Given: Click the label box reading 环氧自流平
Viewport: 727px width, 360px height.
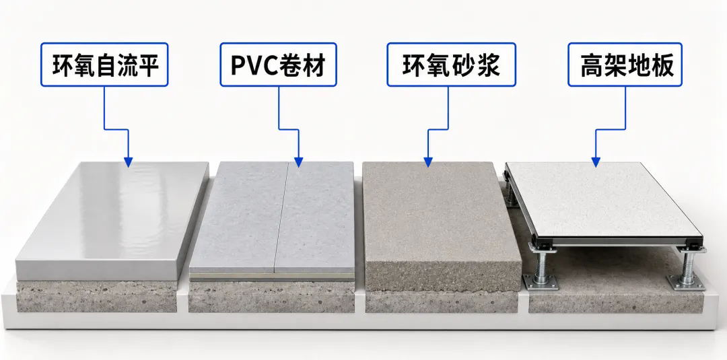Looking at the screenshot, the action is click(104, 65).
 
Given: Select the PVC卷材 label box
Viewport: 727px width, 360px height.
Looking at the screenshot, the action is click(278, 65).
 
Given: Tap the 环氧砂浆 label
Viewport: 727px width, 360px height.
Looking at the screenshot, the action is click(451, 65).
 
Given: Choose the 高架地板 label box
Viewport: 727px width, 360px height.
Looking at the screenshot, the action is click(625, 65).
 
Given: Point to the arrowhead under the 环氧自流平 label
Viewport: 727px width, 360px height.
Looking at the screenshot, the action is click(129, 161).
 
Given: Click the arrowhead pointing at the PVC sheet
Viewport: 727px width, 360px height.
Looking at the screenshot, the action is click(299, 161).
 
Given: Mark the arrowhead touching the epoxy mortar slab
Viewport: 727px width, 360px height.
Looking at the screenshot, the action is click(428, 161).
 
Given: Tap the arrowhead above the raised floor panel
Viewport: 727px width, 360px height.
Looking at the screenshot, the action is click(596, 161).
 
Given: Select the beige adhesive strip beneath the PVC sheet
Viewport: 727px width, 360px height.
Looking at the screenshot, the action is click(272, 277).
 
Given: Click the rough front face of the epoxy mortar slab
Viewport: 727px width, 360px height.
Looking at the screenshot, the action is click(443, 277).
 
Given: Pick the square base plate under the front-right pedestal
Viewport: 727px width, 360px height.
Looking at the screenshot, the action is click(686, 282).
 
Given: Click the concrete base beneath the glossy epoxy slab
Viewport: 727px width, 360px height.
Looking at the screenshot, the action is click(96, 297).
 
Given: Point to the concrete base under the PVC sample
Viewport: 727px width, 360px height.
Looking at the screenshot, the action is click(272, 297).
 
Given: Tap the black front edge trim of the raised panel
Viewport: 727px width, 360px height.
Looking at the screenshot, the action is click(617, 242).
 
